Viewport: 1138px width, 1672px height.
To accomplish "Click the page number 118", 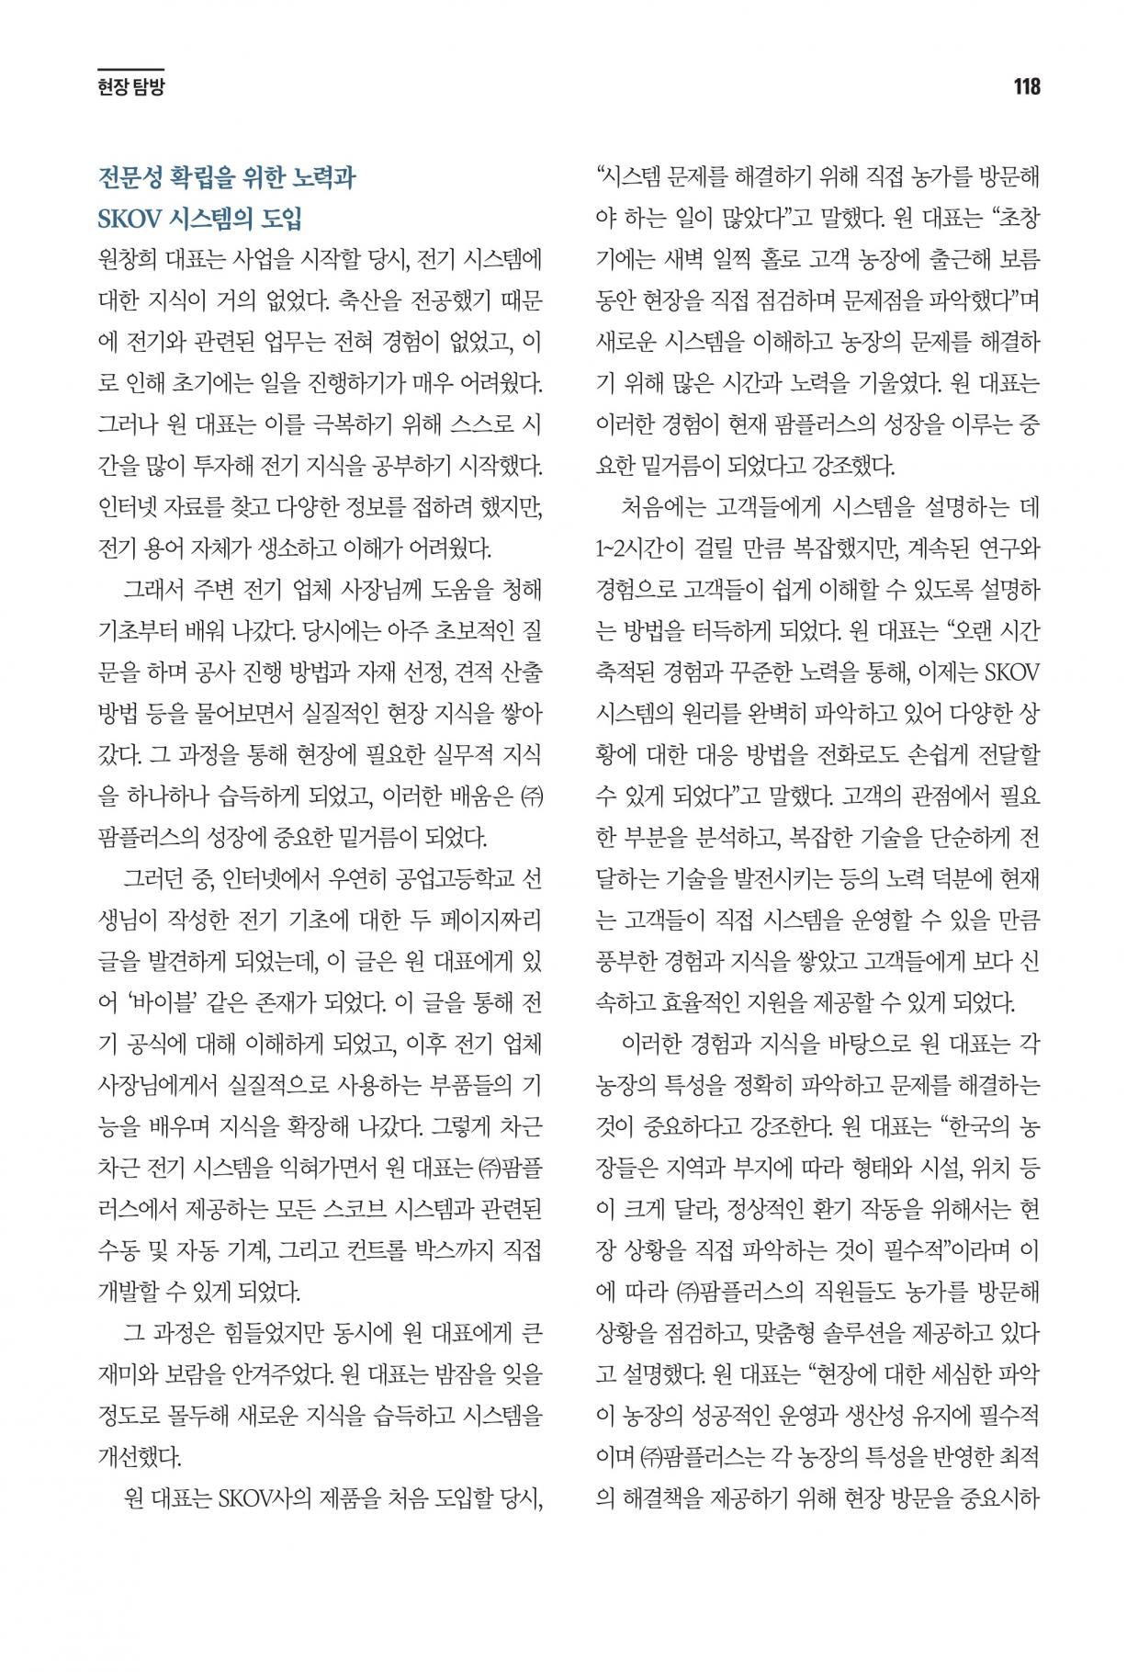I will (x=1027, y=87).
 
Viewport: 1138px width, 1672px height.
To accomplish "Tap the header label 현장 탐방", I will (x=130, y=88).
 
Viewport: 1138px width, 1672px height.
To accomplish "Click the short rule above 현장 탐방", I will (x=130, y=70).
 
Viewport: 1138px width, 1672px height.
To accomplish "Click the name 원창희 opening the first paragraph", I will (x=127, y=260).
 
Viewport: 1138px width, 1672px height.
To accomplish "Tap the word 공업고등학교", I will (x=443, y=879).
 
